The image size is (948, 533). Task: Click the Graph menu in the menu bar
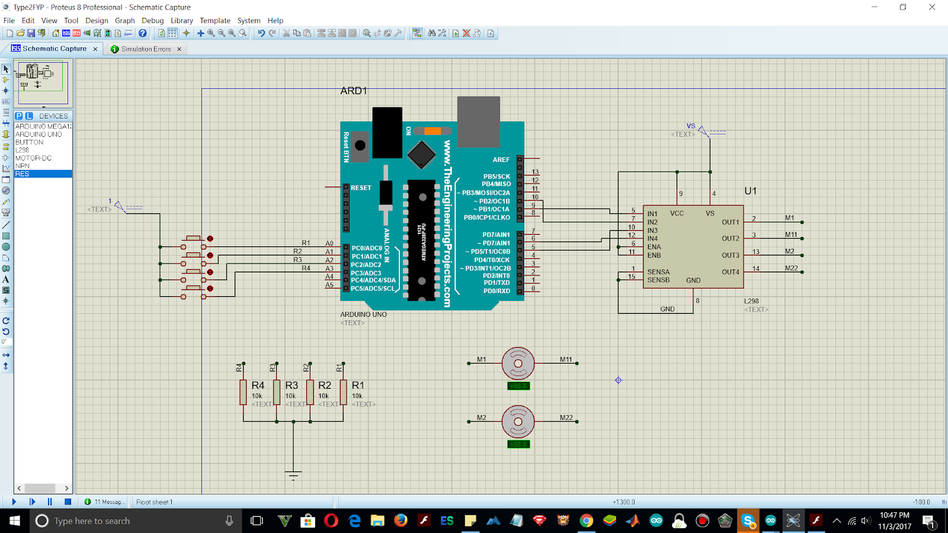coord(124,20)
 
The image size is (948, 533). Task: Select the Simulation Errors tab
coord(146,49)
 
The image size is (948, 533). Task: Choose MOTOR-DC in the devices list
coord(33,158)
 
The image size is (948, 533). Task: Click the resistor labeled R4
coord(243,392)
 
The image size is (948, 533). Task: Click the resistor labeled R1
coord(343,392)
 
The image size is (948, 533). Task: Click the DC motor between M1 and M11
coord(518,363)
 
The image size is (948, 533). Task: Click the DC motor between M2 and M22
coord(518,422)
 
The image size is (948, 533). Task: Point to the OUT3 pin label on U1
coord(730,255)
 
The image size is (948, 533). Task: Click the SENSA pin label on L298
coord(658,272)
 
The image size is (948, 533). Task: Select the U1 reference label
coord(750,191)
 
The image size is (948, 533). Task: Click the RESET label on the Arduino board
coord(361,188)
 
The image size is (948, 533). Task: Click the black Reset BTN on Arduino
coord(360,145)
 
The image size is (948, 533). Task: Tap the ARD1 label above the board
coord(354,91)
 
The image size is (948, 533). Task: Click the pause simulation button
coord(50,502)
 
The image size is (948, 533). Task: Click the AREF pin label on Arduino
coord(501,160)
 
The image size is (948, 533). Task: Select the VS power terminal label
coord(691,126)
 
